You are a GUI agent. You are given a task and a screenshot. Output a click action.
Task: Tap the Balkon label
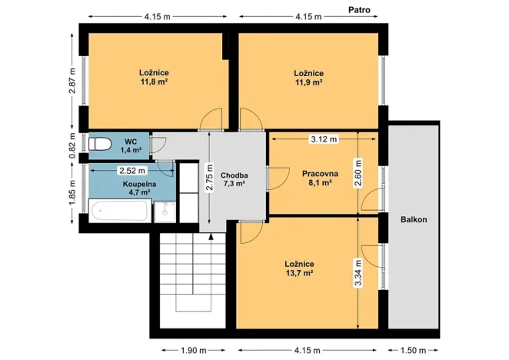click(x=413, y=220)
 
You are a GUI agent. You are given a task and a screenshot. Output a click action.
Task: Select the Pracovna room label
click(x=316, y=174)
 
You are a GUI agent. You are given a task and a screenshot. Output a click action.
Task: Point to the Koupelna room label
click(x=118, y=185)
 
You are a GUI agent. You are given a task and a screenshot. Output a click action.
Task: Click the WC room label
click(x=131, y=142)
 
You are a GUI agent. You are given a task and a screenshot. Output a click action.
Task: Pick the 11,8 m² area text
click(x=155, y=81)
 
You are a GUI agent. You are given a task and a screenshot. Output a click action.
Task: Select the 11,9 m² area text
click(x=308, y=81)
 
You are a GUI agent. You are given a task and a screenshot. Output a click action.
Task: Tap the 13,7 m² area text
click(x=298, y=272)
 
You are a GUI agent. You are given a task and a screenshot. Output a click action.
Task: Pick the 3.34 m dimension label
click(x=358, y=273)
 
